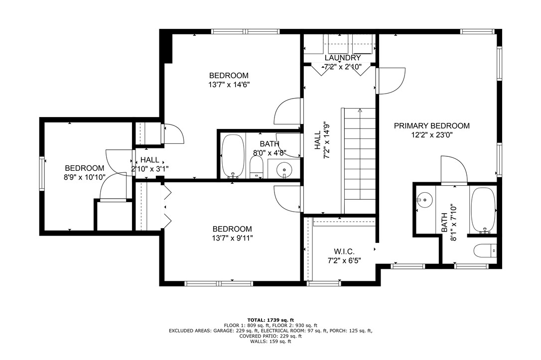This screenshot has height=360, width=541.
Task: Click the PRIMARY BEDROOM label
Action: tap(431, 126)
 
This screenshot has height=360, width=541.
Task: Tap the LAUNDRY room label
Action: tap(342, 58)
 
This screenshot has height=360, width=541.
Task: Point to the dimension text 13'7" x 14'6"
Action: tap(229, 85)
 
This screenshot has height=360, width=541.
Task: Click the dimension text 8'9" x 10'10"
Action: tap(84, 177)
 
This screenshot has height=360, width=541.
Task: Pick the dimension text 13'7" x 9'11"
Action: tap(232, 238)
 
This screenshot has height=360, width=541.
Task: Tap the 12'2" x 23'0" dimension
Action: tap(431, 135)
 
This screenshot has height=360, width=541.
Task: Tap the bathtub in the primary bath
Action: tap(483, 209)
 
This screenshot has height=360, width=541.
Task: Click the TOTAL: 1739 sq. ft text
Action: tap(270, 320)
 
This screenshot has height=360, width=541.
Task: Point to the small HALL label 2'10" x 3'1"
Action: tap(149, 164)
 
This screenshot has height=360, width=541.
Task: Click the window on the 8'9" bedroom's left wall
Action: tap(42, 174)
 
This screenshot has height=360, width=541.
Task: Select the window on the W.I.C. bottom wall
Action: tap(317, 283)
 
